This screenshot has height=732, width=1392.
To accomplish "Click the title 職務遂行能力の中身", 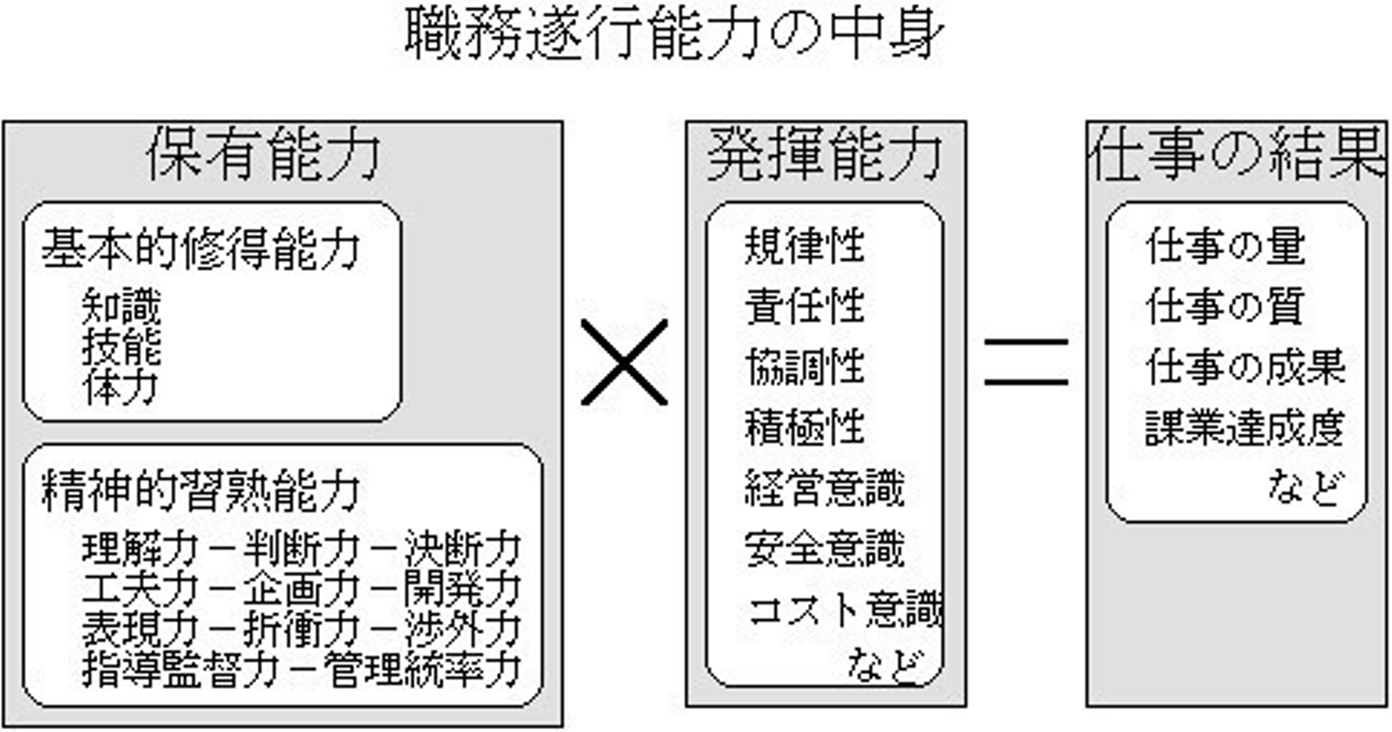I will (671, 36).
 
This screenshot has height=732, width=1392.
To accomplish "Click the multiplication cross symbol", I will (624, 362).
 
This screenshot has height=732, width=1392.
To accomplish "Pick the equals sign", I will (1026, 362).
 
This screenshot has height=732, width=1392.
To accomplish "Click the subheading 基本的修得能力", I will (200, 249).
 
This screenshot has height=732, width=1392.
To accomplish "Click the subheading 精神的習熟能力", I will (200, 491).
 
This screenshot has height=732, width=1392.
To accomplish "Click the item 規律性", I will (804, 248).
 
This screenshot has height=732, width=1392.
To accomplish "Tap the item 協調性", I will (804, 367).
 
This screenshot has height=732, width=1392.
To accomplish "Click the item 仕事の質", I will (1225, 307).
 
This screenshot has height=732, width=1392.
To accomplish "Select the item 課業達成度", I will (1245, 429).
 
